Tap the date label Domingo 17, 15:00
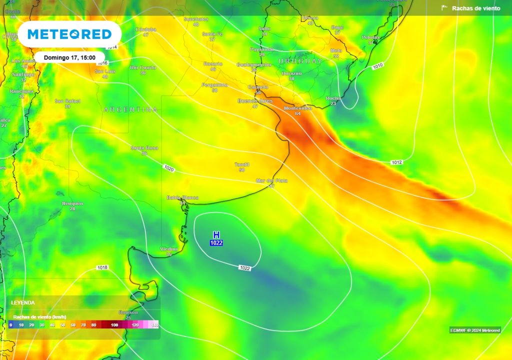(69, 57)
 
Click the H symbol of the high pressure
(216, 235)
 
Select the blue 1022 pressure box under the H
(216, 243)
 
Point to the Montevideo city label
(297, 108)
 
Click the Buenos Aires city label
(255, 101)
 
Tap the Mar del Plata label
(271, 180)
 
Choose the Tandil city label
(242, 164)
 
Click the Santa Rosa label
(144, 148)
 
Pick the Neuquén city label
(72, 203)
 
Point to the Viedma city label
(168, 249)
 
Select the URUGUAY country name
(300, 61)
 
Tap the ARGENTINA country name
(130, 109)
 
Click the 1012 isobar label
(396, 162)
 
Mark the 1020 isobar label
(168, 169)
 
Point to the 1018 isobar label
(102, 268)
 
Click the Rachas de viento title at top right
(475, 8)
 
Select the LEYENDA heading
(23, 303)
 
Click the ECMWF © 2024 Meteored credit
(474, 330)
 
